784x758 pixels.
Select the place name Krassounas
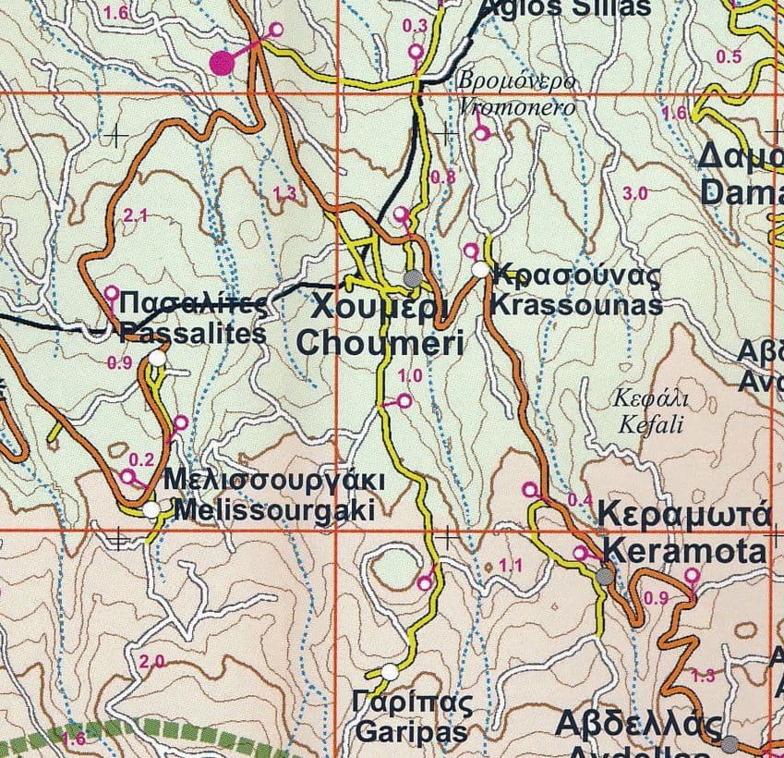(x=578, y=305)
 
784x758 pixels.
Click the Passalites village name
(x=192, y=334)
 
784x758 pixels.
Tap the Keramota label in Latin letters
(x=683, y=552)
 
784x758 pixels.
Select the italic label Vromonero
(x=517, y=106)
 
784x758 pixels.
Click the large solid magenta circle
(x=222, y=63)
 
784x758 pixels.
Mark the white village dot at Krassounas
(x=479, y=269)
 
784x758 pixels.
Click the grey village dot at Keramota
(x=605, y=577)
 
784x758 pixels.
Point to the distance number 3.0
(x=635, y=193)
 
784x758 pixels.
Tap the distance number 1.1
(x=511, y=566)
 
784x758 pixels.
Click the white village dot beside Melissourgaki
(x=151, y=509)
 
